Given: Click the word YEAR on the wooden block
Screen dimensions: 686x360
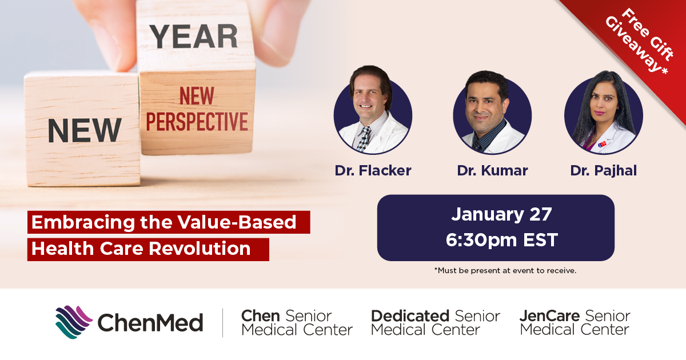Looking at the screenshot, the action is pyautogui.click(x=194, y=37).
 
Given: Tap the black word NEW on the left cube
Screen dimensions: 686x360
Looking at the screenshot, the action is pyautogui.click(x=85, y=130).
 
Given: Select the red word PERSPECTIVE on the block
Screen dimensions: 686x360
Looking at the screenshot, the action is pyautogui.click(x=197, y=122).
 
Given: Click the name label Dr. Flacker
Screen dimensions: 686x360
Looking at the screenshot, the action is pyautogui.click(x=373, y=170).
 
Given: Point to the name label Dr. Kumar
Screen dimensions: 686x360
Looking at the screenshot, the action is pyautogui.click(x=492, y=170).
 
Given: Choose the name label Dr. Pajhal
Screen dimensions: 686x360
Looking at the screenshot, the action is pyautogui.click(x=603, y=171).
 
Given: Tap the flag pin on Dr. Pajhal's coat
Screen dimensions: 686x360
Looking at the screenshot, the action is pyautogui.click(x=602, y=143).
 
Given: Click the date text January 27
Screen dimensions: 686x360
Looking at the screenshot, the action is pyautogui.click(x=501, y=214).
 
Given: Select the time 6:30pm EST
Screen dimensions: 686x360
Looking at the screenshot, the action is pyautogui.click(x=502, y=239).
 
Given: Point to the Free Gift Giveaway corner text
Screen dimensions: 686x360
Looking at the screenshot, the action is pyautogui.click(x=640, y=41).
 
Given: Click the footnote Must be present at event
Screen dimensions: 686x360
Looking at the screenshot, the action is pyautogui.click(x=505, y=271).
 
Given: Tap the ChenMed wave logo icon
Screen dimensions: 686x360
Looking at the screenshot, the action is pyautogui.click(x=74, y=322).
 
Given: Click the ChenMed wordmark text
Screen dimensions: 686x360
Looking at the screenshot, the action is pyautogui.click(x=150, y=323).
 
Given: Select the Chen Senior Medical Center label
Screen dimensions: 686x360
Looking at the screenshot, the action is pyautogui.click(x=297, y=323).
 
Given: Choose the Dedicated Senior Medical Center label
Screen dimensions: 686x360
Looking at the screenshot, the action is pyautogui.click(x=436, y=323).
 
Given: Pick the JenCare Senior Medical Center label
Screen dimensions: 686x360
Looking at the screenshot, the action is pyautogui.click(x=575, y=323).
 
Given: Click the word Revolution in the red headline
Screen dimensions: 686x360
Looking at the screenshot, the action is pyautogui.click(x=200, y=248).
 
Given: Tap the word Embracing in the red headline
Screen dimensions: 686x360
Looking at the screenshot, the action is pyautogui.click(x=83, y=222).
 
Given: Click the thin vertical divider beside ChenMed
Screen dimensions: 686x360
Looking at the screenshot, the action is pyautogui.click(x=222, y=323).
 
